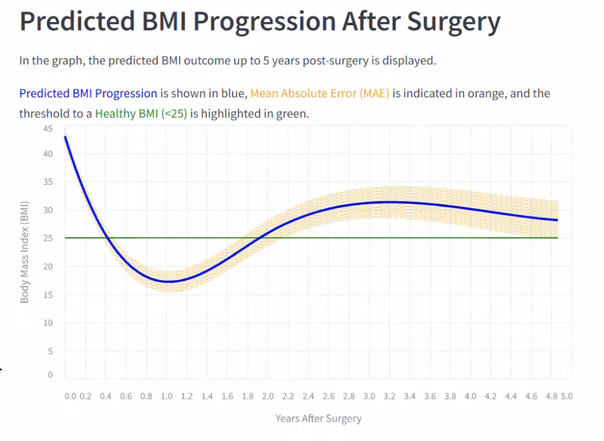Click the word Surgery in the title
tap(453, 22)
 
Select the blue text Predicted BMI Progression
tap(88, 93)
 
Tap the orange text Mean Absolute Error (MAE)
tap(319, 93)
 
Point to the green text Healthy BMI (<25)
tap(141, 113)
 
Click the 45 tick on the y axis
tap(48, 128)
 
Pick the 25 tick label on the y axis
tap(48, 238)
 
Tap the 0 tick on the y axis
tap(51, 375)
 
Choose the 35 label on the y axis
tap(48, 182)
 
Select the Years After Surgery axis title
tap(318, 418)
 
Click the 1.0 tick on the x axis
tap(167, 396)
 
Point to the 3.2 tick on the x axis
tap(389, 396)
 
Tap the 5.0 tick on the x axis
tap(566, 396)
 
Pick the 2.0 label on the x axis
tap(268, 396)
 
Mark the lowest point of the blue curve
tap(168, 281)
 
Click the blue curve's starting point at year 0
tap(65, 137)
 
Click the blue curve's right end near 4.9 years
tap(557, 220)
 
